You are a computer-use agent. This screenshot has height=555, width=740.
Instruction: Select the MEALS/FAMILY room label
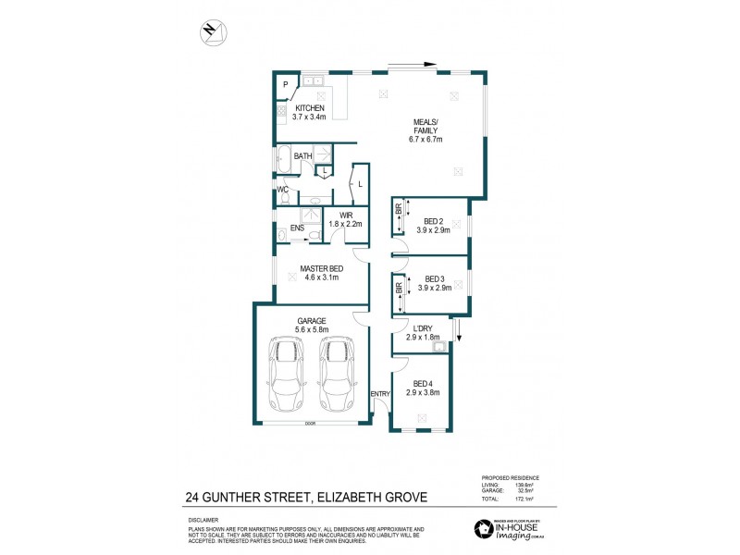[x=426, y=129]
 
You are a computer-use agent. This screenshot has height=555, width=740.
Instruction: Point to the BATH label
[x=302, y=156]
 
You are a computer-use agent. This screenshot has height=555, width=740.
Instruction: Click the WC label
[x=283, y=190]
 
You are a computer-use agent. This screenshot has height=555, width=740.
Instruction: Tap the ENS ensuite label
[x=297, y=227]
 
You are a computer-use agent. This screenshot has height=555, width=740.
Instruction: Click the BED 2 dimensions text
[x=434, y=230]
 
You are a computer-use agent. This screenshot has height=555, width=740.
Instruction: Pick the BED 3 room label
[x=434, y=279]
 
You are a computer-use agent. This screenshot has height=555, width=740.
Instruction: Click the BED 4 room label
[x=423, y=383]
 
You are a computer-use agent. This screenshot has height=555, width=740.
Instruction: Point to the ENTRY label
[x=380, y=394]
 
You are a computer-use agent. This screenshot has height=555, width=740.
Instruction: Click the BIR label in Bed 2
[x=399, y=211]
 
